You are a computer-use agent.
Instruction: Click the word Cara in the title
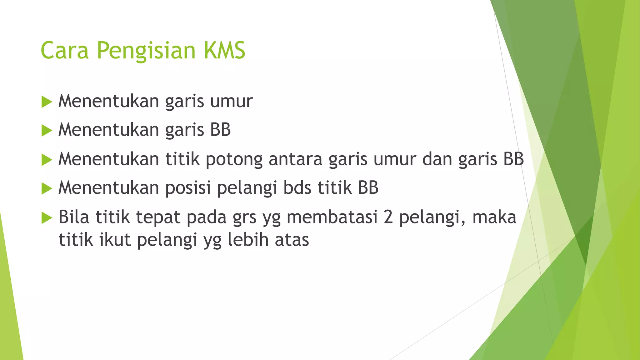click(65, 50)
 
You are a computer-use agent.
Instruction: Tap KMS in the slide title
click(224, 50)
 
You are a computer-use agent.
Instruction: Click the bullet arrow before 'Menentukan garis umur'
click(47, 102)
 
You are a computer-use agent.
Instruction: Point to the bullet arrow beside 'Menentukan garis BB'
click(47, 131)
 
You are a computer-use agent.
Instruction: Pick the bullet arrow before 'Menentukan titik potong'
click(47, 160)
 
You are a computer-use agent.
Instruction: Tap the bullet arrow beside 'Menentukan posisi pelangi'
click(47, 188)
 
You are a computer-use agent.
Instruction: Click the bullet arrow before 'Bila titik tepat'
click(47, 217)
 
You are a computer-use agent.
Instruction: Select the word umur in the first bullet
click(231, 102)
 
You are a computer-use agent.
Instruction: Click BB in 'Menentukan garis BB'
click(220, 130)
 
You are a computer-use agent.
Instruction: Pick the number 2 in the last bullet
click(388, 217)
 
